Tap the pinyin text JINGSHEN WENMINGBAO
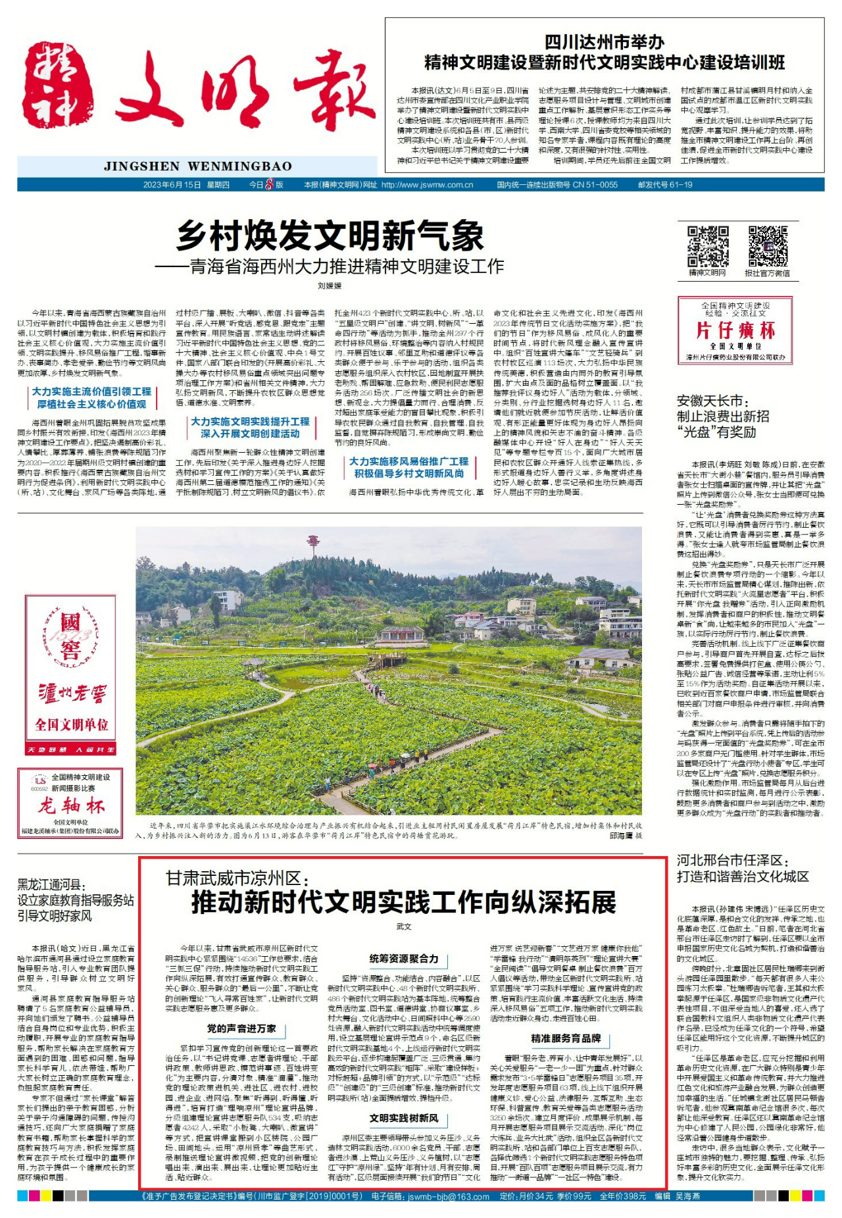197,166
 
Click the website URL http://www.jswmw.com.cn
427,185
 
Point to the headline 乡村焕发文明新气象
330,236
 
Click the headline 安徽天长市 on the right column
710,401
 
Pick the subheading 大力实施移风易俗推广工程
409,461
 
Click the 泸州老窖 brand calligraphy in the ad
71,693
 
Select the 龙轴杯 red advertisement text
71,805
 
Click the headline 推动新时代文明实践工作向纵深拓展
403,902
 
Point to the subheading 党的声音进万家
241,1028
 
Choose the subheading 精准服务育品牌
566,1038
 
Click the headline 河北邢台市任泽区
733,860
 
